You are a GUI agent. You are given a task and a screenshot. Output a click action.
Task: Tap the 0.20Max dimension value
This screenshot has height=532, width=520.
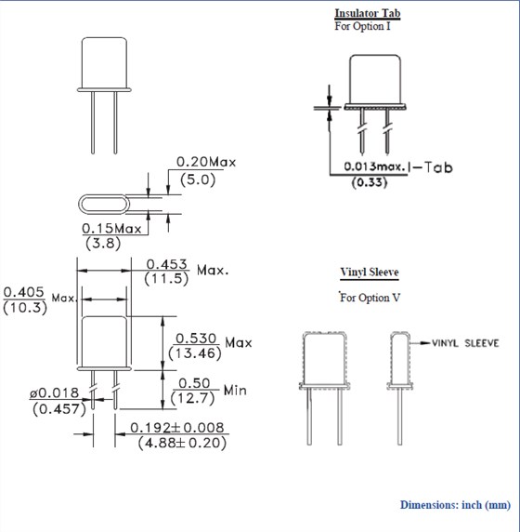(x=206, y=162)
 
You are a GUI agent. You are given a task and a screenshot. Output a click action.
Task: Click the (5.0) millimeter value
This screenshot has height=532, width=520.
(x=196, y=180)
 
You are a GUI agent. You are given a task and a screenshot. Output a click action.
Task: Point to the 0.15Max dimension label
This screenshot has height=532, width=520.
(x=111, y=228)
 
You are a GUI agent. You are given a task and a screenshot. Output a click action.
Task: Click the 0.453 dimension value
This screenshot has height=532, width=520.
(x=163, y=264)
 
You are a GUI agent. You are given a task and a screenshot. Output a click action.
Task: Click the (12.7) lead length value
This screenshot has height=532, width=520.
(x=193, y=398)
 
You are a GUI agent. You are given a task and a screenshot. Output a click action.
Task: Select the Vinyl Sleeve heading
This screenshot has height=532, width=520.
(x=369, y=273)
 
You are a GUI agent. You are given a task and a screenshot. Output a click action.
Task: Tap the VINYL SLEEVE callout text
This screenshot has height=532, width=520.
(x=464, y=343)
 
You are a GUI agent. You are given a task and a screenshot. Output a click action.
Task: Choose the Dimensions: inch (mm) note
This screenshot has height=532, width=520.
(x=455, y=505)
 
